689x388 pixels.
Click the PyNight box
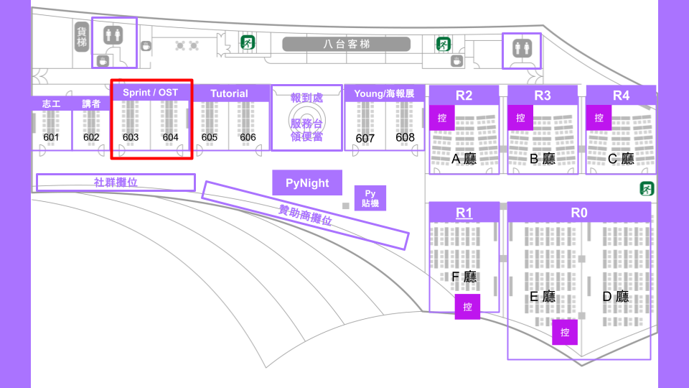click(307, 183)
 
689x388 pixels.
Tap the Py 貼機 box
click(370, 198)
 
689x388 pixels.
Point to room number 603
click(131, 137)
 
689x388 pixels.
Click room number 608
click(405, 137)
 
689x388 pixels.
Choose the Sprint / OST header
click(151, 93)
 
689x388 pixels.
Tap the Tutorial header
click(229, 93)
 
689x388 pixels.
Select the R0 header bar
click(579, 213)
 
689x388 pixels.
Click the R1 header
click(464, 213)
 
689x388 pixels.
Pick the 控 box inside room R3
click(520, 117)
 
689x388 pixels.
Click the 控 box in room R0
click(565, 332)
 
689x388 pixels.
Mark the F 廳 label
click(464, 277)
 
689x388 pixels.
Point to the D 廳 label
click(615, 296)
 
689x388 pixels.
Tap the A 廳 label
click(464, 159)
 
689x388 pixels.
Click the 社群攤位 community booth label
click(116, 183)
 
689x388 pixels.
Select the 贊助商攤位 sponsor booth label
click(305, 215)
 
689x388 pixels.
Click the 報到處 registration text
click(306, 97)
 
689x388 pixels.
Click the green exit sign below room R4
click(647, 189)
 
